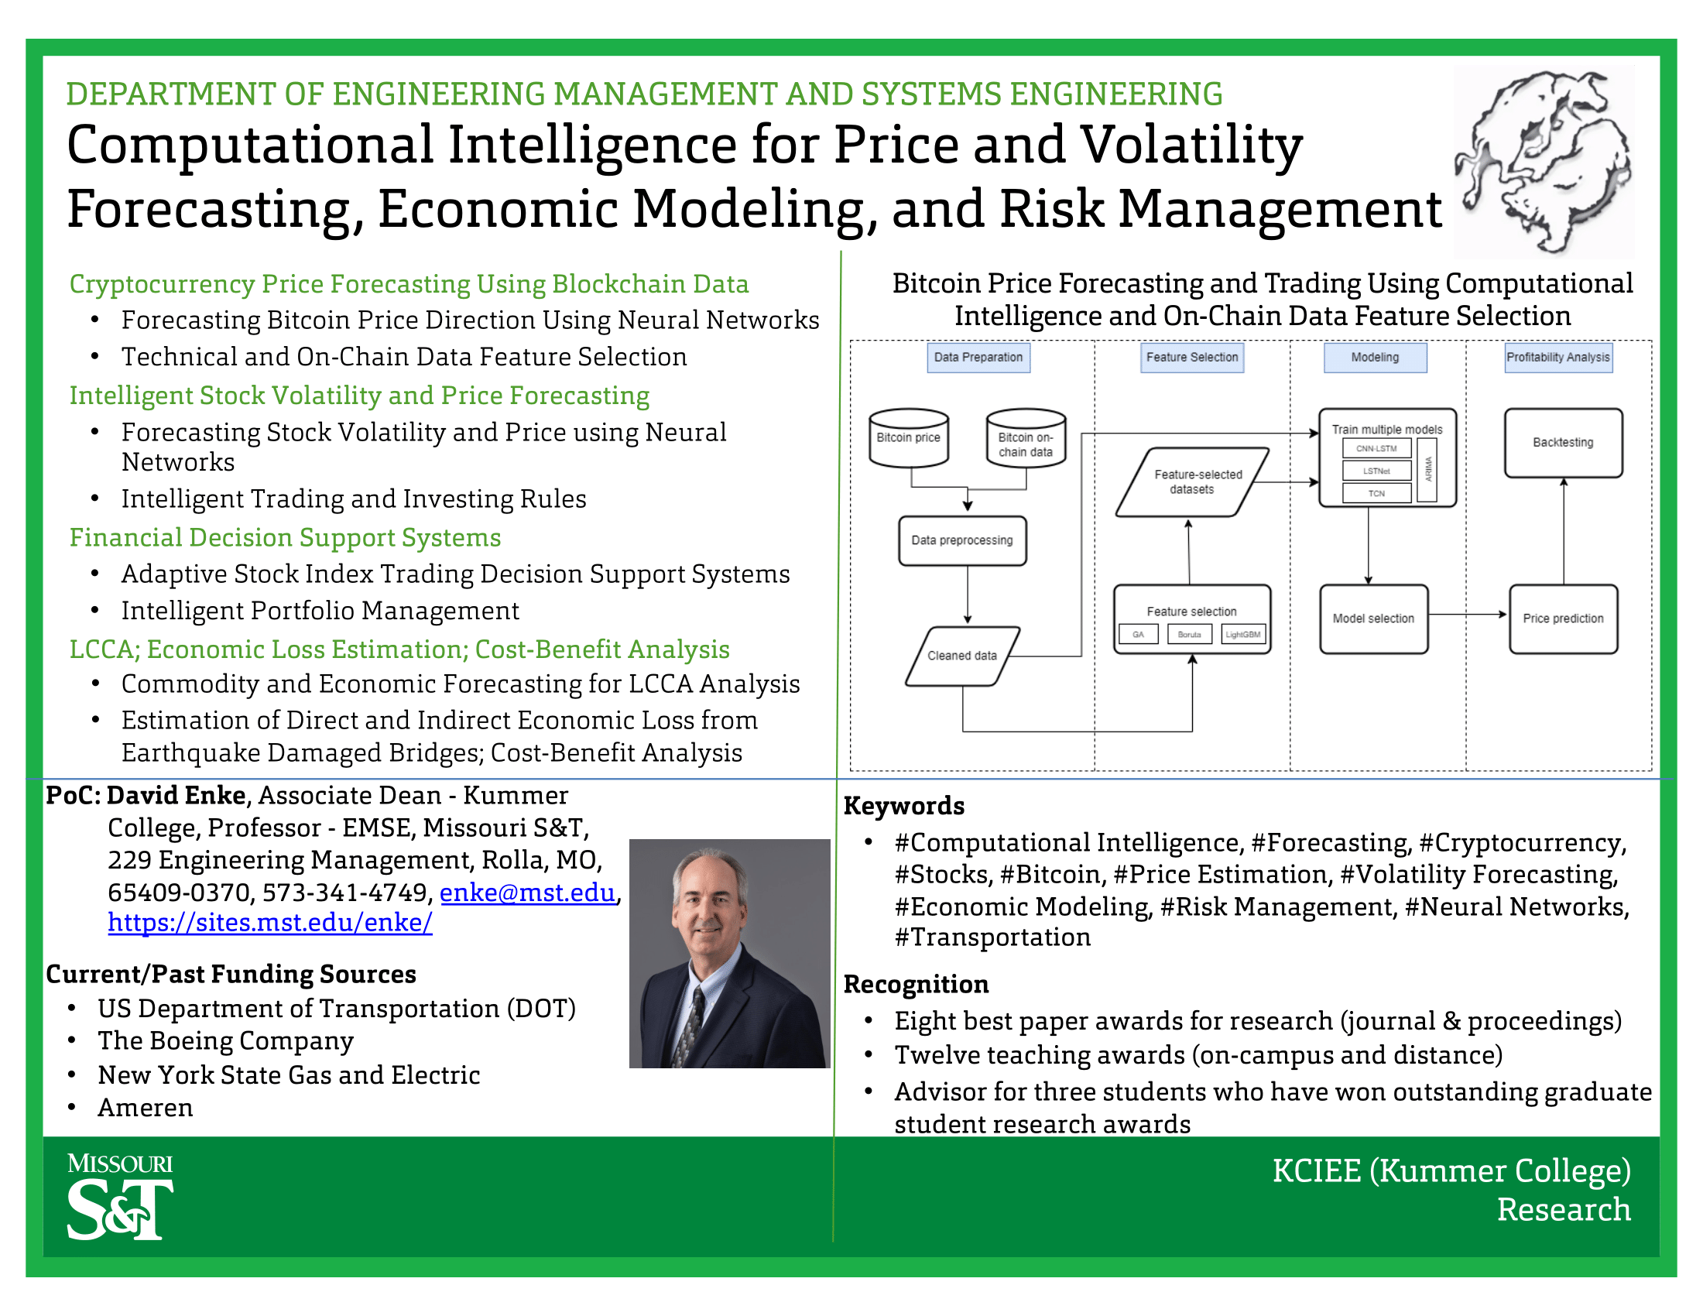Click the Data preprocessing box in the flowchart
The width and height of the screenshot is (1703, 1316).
pos(961,540)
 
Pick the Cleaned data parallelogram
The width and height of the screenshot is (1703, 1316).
pos(962,656)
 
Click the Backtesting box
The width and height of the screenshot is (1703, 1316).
pos(1563,442)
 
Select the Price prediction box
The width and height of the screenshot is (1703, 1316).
pos(1563,619)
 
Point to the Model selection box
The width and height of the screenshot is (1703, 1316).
pos(1373,619)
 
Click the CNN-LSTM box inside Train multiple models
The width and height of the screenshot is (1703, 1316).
pos(1376,448)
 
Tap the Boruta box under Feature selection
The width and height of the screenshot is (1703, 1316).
pos(1189,635)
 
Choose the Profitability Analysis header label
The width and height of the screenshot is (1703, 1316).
pos(1557,357)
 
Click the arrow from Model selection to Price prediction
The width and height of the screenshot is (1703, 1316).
pos(1466,615)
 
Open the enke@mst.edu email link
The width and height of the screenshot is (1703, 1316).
pos(527,892)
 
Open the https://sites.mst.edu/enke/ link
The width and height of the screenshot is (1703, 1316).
pos(270,922)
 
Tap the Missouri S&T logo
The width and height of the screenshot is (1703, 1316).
pos(120,1197)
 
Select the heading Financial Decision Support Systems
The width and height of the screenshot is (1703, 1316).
pos(285,537)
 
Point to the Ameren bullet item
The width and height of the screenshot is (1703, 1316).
pos(145,1108)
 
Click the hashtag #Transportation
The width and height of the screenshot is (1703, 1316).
pos(992,937)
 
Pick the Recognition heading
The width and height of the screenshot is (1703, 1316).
pos(916,984)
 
